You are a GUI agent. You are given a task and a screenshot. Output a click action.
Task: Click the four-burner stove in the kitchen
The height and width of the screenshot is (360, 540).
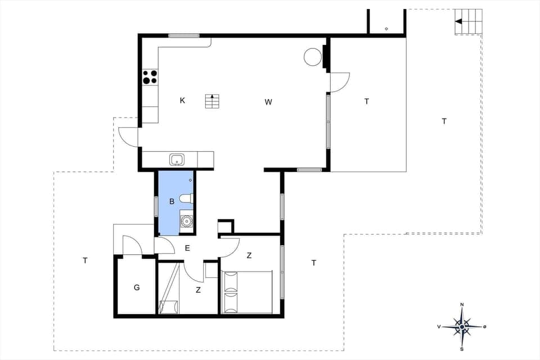pyautogui.click(x=150, y=76)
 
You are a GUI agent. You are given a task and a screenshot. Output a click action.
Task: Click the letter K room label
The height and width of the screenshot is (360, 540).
pyautogui.click(x=182, y=101)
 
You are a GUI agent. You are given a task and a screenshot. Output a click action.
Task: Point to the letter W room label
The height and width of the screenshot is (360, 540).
pyautogui.click(x=268, y=102)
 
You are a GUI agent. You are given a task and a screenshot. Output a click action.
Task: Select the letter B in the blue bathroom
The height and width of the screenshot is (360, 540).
pyautogui.click(x=172, y=201)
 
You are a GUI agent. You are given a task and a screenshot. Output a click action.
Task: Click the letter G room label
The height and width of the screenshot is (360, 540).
pyautogui.click(x=137, y=287)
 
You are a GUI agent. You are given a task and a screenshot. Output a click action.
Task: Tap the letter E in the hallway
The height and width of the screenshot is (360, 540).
pyautogui.click(x=187, y=247)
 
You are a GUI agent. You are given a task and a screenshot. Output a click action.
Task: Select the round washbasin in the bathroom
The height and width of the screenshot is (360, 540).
pyautogui.click(x=186, y=220)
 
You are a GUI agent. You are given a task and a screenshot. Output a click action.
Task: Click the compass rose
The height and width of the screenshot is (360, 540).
pyautogui.click(x=462, y=326)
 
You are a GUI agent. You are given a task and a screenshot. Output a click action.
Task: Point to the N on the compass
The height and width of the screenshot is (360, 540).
pyautogui.click(x=462, y=305)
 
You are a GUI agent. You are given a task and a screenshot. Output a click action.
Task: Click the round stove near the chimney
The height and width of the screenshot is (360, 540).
pyautogui.click(x=312, y=56)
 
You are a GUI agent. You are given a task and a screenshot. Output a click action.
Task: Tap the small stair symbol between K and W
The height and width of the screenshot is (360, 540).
pyautogui.click(x=213, y=102)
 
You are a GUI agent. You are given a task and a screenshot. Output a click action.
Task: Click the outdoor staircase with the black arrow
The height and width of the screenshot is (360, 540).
pyautogui.click(x=468, y=21)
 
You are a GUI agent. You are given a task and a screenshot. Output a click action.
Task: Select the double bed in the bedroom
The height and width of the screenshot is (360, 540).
pyautogui.click(x=248, y=292)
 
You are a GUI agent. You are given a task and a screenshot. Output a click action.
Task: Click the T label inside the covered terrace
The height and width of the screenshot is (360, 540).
pyautogui.click(x=367, y=102)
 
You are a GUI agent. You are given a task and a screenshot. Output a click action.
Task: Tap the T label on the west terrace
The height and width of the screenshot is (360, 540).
pyautogui.click(x=85, y=260)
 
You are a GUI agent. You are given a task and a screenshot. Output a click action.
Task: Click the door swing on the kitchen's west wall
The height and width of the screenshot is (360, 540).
pyautogui.click(x=128, y=137)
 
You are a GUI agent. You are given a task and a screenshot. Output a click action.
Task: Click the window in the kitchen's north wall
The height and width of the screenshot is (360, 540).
pyautogui.click(x=184, y=35)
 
